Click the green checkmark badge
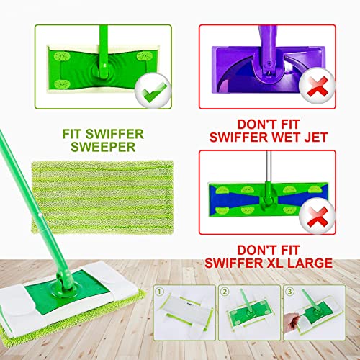pos(153,90)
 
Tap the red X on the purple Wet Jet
pos(317,86)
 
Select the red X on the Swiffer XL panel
pos(317,216)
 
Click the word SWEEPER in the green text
pos(103,147)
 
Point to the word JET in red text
pos(316,138)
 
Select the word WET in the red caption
pos(286,138)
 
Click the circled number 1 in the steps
pos(160,292)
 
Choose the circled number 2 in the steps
pos(225,292)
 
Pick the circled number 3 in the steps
pos(289,292)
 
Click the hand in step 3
pos(291,322)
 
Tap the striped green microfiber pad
pos(102,197)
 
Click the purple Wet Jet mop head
pos(268,70)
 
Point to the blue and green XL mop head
pos(268,199)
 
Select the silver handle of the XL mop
pos(269,167)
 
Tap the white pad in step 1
pos(185,310)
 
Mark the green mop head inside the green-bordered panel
pos(103,69)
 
